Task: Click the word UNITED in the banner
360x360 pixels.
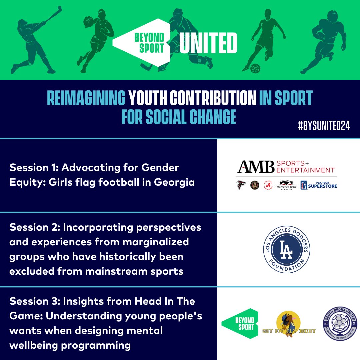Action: pos(208,43)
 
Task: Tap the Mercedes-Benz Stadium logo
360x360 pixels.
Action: pos(286,185)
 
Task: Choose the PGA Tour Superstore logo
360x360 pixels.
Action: pos(319,185)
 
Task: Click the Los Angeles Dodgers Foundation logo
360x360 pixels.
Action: pos(289,249)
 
